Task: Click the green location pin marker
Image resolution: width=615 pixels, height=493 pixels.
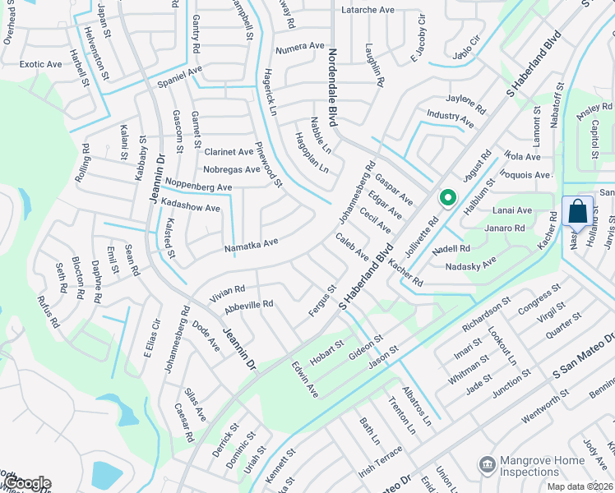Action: pyautogui.click(x=447, y=198)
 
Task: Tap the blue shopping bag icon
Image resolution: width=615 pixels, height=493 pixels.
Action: pyautogui.click(x=577, y=212)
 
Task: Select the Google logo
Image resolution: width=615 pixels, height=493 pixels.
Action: pyautogui.click(x=28, y=482)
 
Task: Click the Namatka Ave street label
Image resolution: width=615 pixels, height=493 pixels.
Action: pyautogui.click(x=251, y=245)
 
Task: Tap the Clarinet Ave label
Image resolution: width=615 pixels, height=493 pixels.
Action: pyautogui.click(x=229, y=152)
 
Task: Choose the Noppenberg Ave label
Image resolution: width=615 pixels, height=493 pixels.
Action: pyautogui.click(x=198, y=187)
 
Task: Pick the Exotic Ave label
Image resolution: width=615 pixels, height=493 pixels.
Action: pyautogui.click(x=40, y=64)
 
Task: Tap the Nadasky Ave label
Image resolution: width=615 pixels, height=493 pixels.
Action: pyautogui.click(x=470, y=265)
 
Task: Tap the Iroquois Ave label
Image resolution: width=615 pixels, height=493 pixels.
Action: pyautogui.click(x=525, y=176)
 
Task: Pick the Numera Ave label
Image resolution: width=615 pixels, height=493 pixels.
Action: pyautogui.click(x=300, y=47)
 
